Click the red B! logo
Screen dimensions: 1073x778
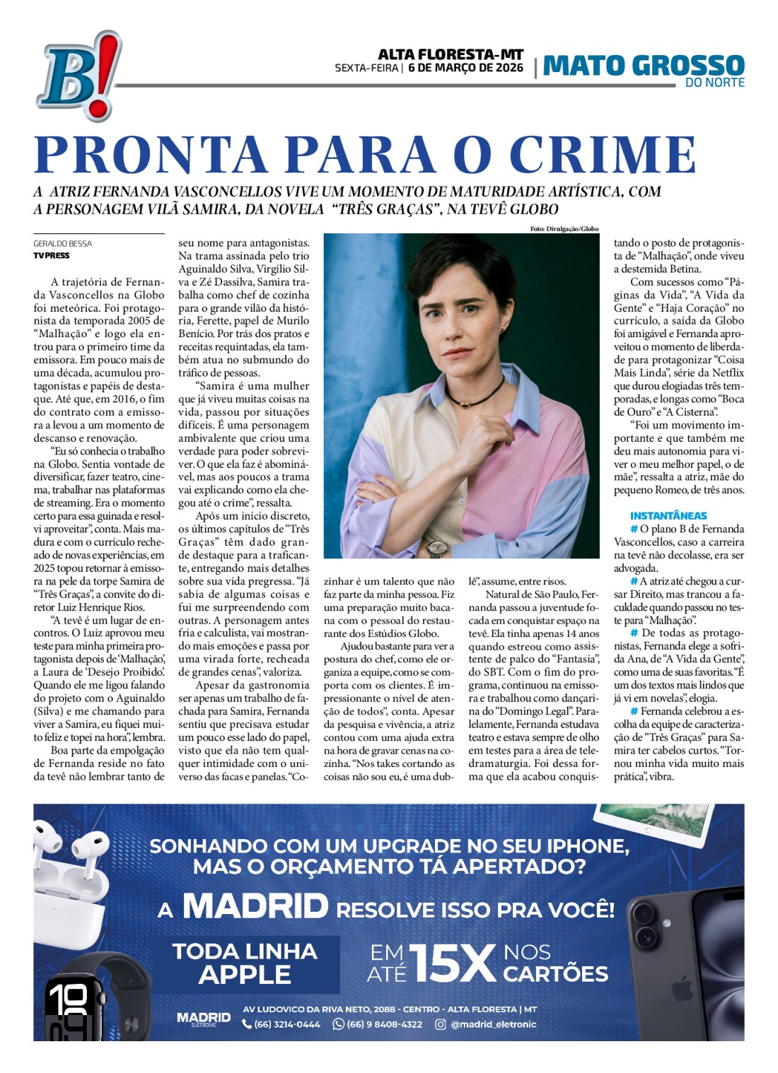tap(78, 76)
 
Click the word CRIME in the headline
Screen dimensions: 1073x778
tap(603, 155)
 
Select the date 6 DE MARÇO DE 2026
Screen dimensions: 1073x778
tap(466, 69)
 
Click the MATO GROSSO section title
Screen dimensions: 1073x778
tap(644, 66)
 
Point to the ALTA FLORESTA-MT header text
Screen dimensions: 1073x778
tap(451, 54)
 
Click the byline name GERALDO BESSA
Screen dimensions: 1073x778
tap(63, 244)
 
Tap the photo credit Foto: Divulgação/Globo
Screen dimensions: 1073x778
tap(564, 229)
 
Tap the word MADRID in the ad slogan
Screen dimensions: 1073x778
tap(255, 907)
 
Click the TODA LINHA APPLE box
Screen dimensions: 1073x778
tap(245, 963)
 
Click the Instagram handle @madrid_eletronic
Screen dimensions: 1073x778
tap(493, 1024)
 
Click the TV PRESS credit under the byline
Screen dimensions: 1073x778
tap(52, 256)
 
